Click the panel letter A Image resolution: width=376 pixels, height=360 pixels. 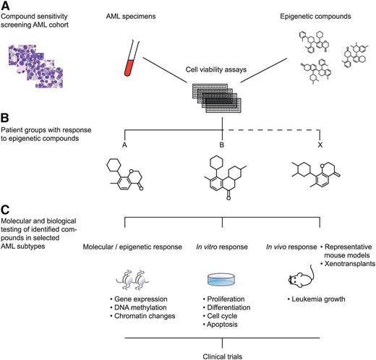[7, 7]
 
